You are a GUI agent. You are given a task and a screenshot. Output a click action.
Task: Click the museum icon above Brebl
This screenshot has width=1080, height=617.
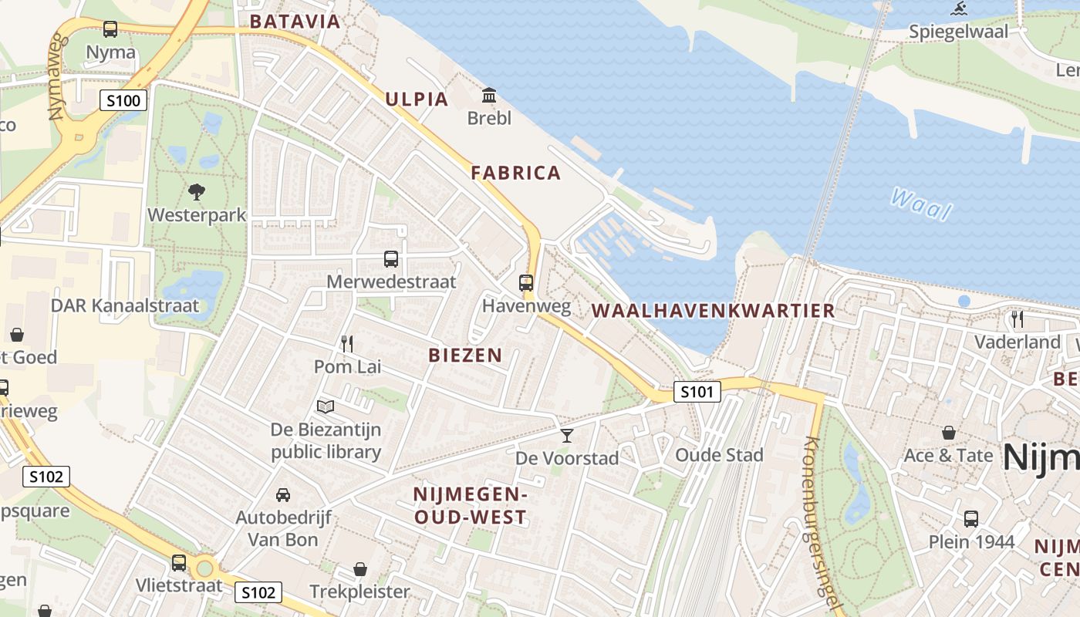coord(489,96)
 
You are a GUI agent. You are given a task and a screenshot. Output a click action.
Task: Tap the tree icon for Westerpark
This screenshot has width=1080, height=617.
coord(197,191)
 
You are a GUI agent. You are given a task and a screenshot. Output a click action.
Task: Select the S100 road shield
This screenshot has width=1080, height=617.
coord(123,100)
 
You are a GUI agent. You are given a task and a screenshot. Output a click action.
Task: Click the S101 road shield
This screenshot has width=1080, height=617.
coord(697,392)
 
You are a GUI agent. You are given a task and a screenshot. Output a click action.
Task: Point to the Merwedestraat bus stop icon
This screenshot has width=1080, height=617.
coord(391,259)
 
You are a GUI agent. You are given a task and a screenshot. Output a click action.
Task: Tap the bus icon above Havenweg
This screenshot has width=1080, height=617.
coord(526,283)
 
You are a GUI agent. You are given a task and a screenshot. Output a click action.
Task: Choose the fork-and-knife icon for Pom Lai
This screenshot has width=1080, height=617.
coord(347,343)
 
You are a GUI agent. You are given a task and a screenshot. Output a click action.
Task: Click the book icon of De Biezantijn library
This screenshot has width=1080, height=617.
coord(326,406)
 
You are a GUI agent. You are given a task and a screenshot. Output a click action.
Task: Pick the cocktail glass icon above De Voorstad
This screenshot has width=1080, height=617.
coord(567,436)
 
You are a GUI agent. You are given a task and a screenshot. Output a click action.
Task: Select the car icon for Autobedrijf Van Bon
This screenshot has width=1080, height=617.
coord(283,494)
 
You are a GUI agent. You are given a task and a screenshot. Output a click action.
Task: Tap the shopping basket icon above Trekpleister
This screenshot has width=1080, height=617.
coord(360,569)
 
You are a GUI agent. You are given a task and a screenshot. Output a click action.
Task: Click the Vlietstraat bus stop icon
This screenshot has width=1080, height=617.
coord(179,563)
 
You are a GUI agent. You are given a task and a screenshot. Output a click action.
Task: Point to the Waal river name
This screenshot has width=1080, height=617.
coord(921,204)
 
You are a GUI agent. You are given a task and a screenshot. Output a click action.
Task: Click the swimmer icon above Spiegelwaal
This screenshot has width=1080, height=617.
coord(959,10)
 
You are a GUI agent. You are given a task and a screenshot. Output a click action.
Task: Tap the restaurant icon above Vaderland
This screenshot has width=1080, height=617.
coord(1018,319)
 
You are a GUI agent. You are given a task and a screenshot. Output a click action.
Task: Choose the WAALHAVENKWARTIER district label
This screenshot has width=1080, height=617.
coord(714,311)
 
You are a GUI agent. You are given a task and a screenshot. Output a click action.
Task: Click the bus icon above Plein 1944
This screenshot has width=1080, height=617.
coord(971,519)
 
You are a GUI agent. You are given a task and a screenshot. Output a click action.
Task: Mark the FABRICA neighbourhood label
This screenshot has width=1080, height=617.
coord(516,173)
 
